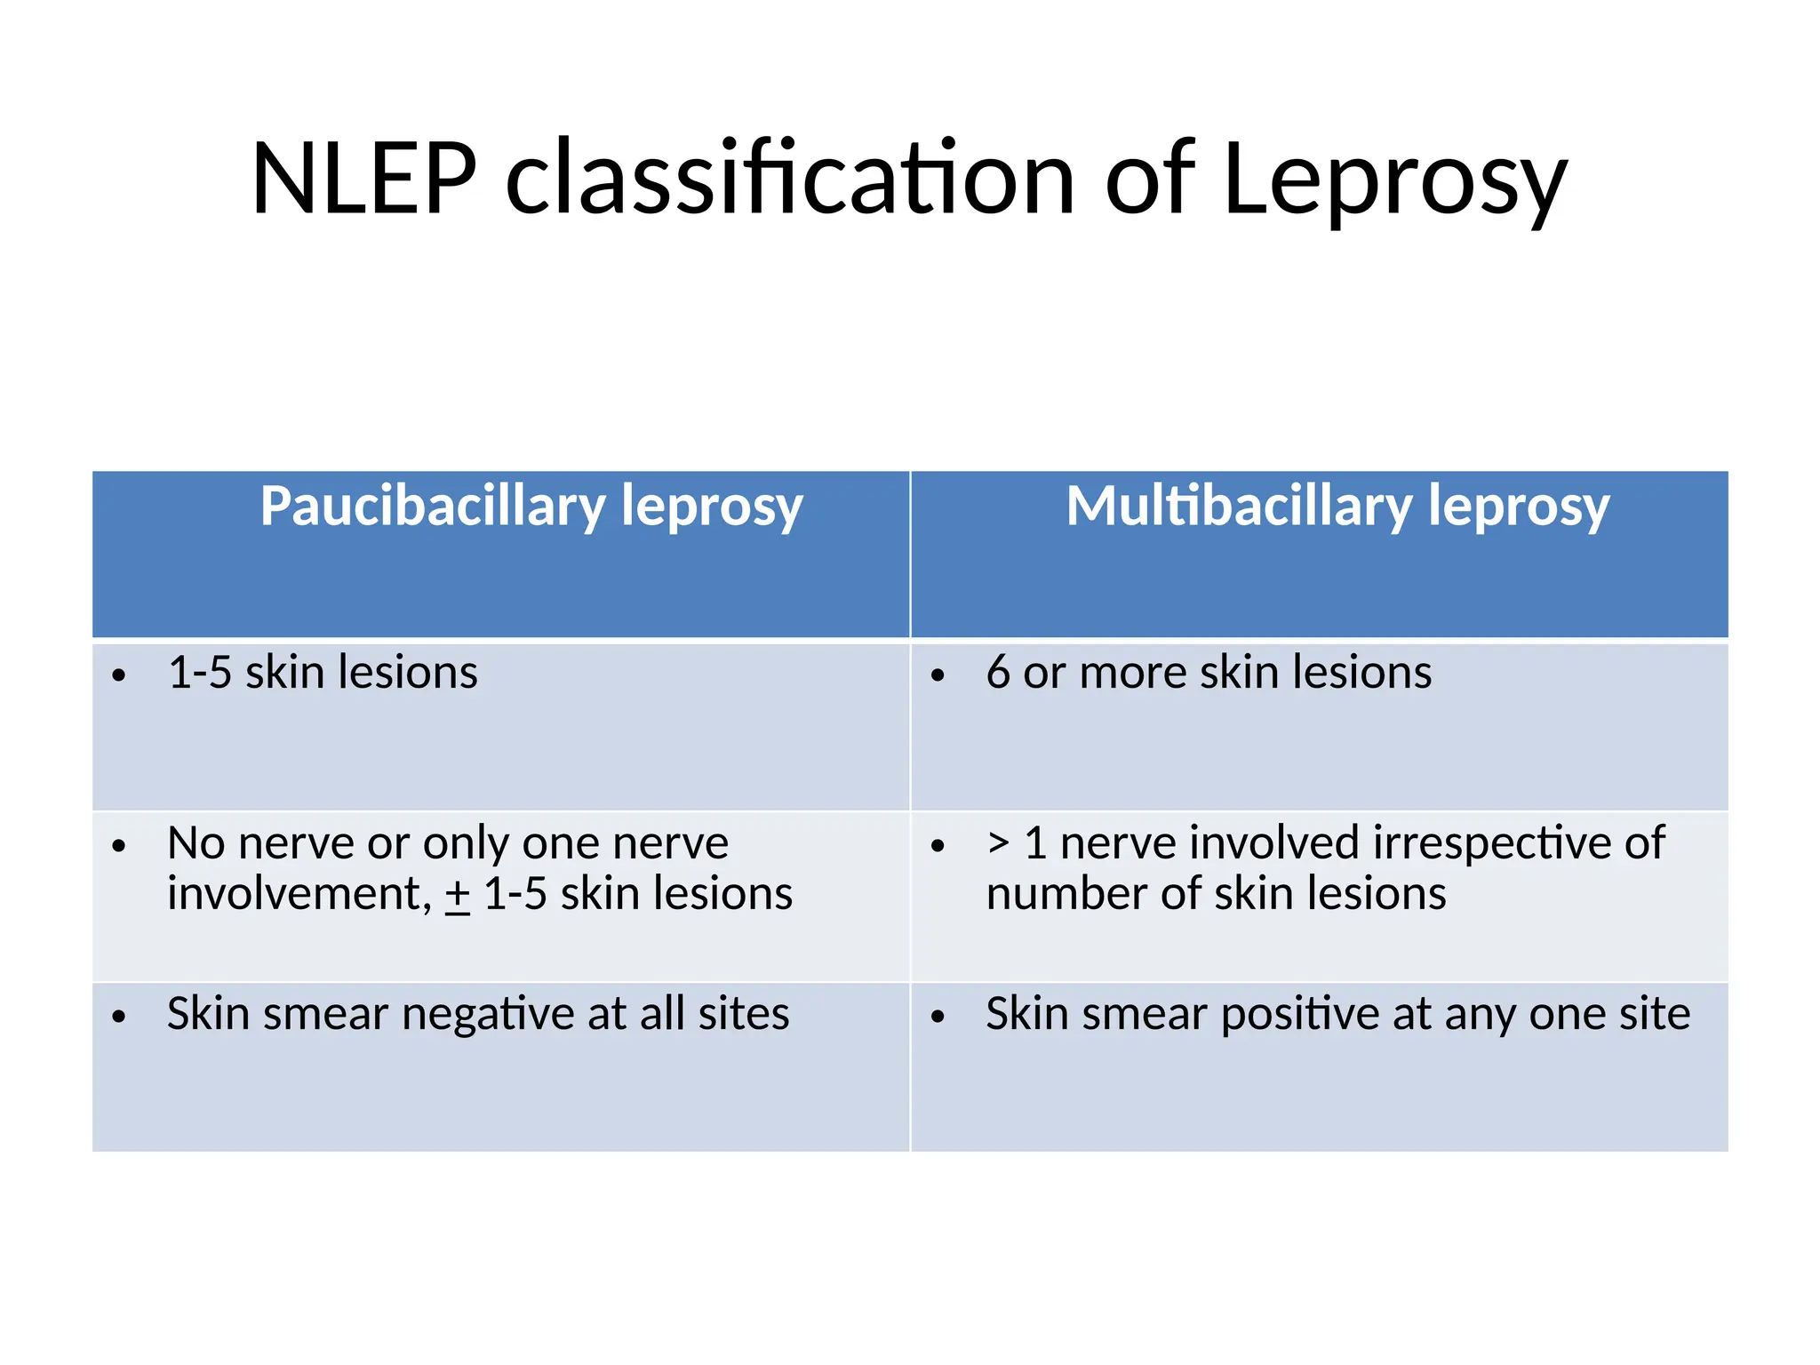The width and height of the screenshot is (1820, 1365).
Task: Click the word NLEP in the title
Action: click(364, 180)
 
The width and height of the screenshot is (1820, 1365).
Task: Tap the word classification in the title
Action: click(790, 180)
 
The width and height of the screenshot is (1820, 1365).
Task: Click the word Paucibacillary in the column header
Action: click(432, 507)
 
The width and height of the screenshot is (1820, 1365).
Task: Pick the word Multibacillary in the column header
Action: click(1238, 507)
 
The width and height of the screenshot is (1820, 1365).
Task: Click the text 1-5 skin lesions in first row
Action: click(323, 673)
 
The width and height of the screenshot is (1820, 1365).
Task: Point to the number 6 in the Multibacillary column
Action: click(998, 673)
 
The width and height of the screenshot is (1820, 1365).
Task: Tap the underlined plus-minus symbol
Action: click(458, 895)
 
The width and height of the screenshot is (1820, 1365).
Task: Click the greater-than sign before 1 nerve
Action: click(998, 842)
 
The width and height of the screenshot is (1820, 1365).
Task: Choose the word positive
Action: click(1300, 1015)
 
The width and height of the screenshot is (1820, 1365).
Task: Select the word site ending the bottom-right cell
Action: click(1653, 1014)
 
